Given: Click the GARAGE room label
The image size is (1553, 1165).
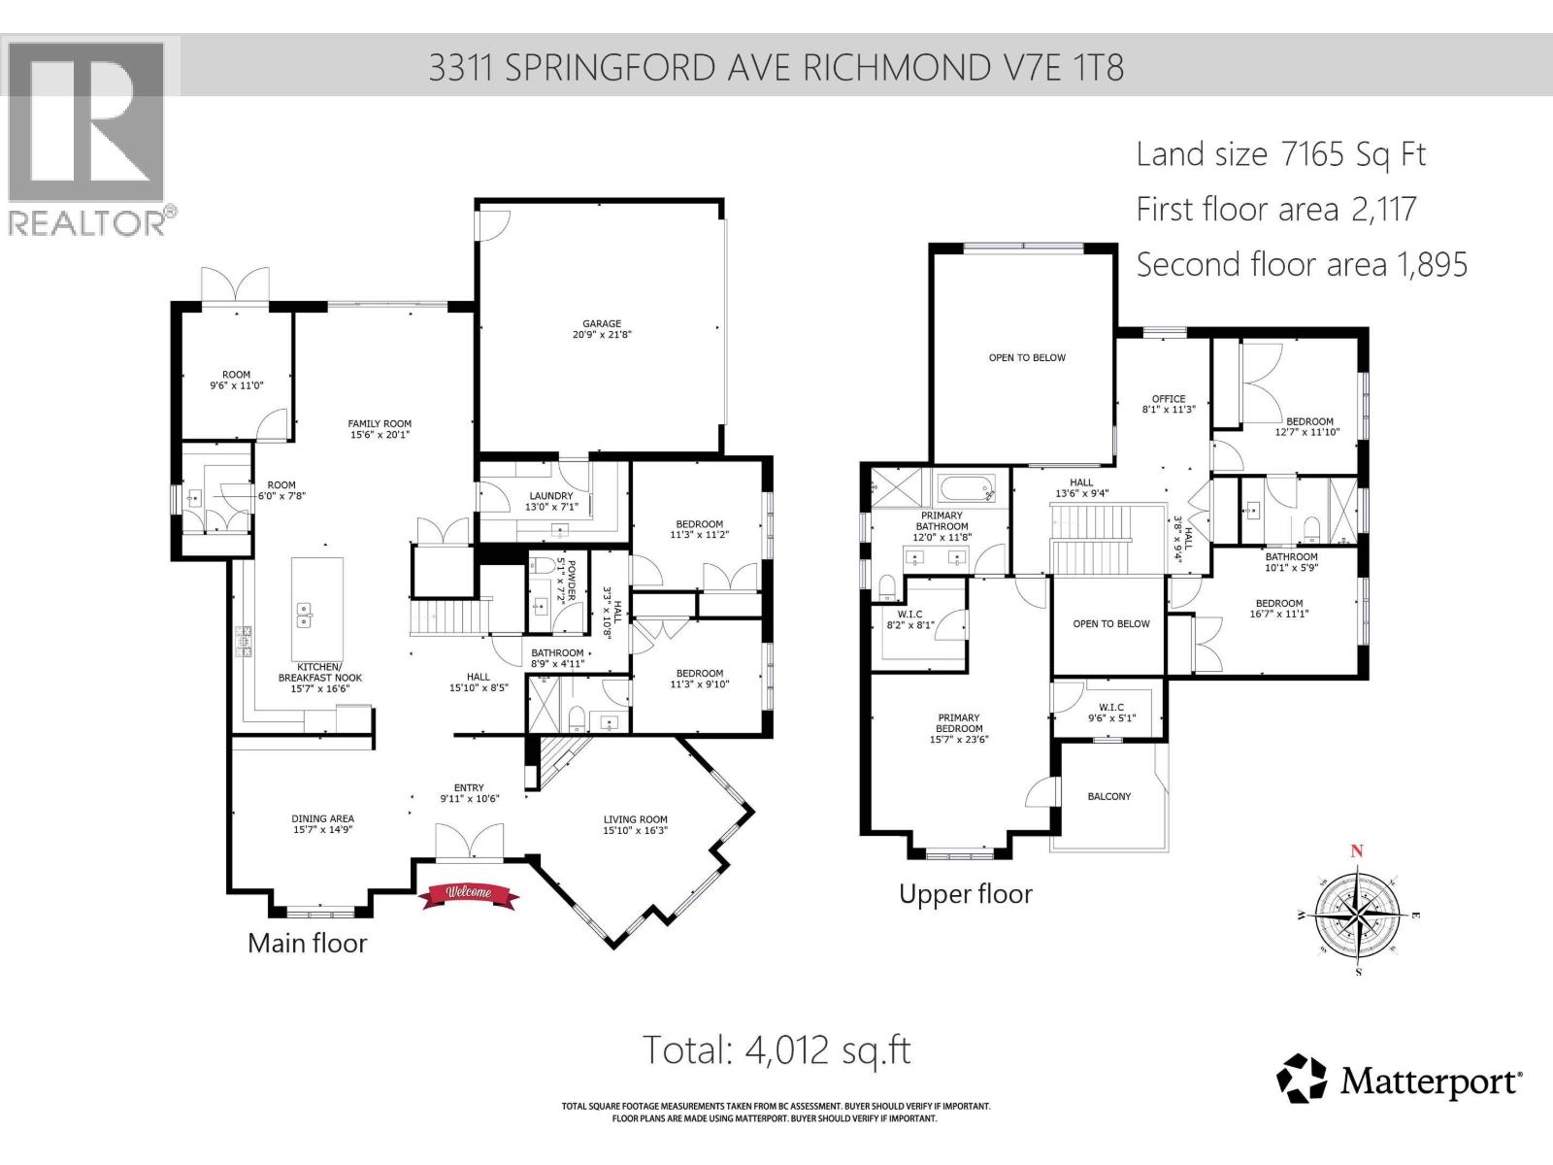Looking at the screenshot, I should pyautogui.click(x=602, y=329).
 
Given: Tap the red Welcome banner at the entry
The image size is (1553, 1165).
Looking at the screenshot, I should pyautogui.click(x=469, y=893).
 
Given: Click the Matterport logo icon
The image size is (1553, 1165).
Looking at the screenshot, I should pyautogui.click(x=1301, y=1079).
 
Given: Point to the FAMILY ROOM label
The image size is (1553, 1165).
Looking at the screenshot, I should pyautogui.click(x=380, y=429).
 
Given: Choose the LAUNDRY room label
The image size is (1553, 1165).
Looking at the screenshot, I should pyautogui.click(x=550, y=501).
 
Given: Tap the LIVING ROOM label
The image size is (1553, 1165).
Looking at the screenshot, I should pyautogui.click(x=635, y=824).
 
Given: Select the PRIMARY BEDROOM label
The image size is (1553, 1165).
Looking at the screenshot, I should pyautogui.click(x=958, y=728).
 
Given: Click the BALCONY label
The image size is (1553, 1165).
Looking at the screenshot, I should pyautogui.click(x=1108, y=796).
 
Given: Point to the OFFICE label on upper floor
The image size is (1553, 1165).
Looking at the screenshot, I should pyautogui.click(x=1169, y=404).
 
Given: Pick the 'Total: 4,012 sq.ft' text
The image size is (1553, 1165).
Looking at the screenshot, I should pyautogui.click(x=776, y=1049).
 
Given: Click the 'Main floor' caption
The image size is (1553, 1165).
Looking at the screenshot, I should pyautogui.click(x=307, y=943).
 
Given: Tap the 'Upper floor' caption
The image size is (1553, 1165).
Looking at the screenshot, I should pyautogui.click(x=965, y=894).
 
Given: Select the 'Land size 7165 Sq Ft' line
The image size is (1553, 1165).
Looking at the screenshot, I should pyautogui.click(x=1280, y=154).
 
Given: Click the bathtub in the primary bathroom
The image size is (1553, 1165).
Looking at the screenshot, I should pyautogui.click(x=964, y=485).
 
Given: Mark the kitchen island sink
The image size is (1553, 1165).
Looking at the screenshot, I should pyautogui.click(x=304, y=614).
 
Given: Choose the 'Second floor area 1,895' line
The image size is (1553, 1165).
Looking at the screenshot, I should pyautogui.click(x=1301, y=264).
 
